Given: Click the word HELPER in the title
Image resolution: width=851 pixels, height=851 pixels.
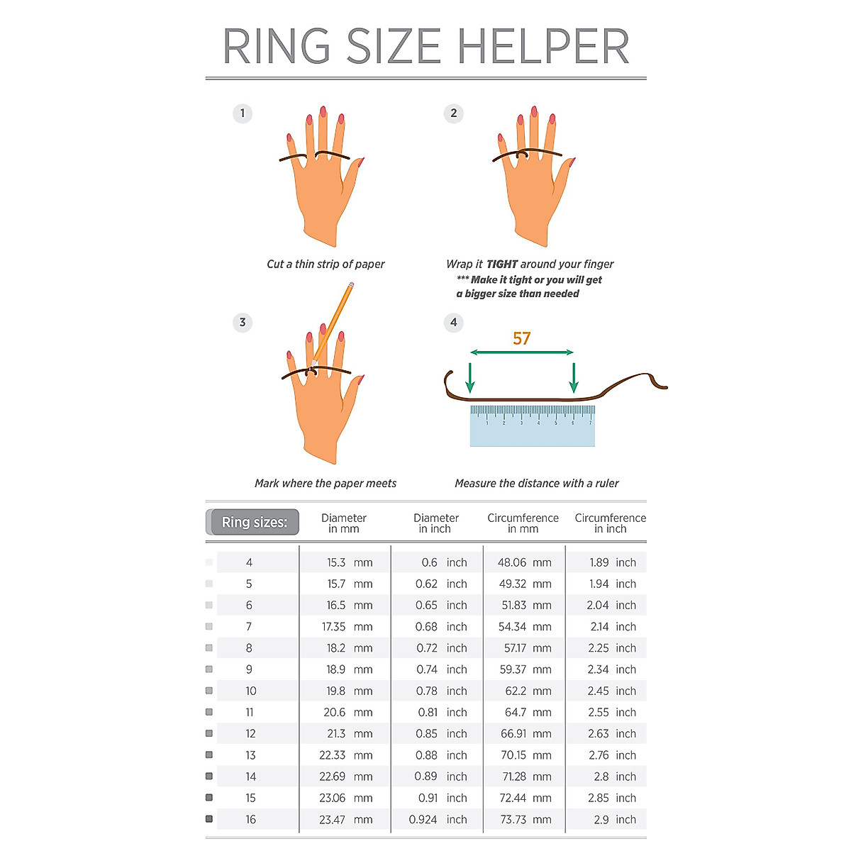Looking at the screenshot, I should click(543, 47).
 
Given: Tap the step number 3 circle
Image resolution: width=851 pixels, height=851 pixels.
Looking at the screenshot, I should click(243, 323).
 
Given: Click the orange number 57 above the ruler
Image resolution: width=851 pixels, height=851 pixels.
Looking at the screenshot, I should click(522, 339).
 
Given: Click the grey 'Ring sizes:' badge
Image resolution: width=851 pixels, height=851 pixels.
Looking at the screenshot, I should click(254, 523).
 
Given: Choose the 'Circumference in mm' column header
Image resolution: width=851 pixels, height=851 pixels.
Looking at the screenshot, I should click(523, 523).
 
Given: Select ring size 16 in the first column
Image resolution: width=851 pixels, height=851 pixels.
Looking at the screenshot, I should click(250, 820).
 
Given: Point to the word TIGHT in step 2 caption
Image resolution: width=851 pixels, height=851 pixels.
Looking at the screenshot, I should click(502, 265).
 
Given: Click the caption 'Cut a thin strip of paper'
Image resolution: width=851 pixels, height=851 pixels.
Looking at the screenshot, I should click(326, 265).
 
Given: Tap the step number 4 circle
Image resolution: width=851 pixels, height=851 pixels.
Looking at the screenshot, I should click(454, 323).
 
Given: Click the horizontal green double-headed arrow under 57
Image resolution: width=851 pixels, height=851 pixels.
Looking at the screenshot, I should click(522, 352).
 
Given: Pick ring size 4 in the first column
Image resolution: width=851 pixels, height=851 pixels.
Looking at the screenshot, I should click(249, 562).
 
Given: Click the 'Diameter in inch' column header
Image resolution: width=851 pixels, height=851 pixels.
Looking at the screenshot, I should click(436, 523).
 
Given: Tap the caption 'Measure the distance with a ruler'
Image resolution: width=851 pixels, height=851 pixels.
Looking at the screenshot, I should click(537, 484).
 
